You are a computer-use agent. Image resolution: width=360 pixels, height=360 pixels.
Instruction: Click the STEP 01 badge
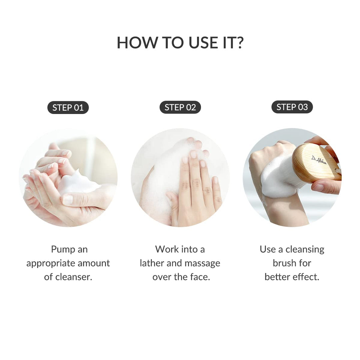click(68, 108)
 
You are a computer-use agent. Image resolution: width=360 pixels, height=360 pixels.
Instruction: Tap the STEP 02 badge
click(180, 108)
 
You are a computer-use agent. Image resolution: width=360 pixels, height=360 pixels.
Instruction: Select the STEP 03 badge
click(292, 107)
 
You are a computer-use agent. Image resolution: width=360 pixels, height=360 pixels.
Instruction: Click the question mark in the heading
click(239, 43)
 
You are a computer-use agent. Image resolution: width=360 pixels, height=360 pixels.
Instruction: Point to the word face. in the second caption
click(199, 277)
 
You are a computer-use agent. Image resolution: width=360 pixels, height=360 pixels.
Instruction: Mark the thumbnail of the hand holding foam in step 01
click(68, 199)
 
